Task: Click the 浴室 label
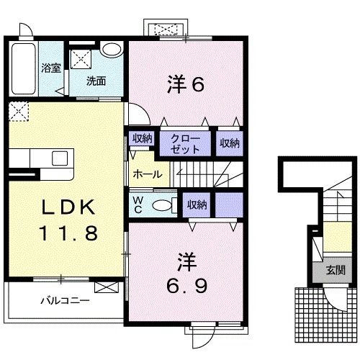[x=50, y=68]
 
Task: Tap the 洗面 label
[x=96, y=81]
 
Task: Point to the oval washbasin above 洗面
[x=111, y=50]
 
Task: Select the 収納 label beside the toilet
[x=197, y=204]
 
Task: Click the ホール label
[x=147, y=174]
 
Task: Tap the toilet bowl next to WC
[x=163, y=205]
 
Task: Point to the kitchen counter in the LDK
[x=42, y=159]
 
